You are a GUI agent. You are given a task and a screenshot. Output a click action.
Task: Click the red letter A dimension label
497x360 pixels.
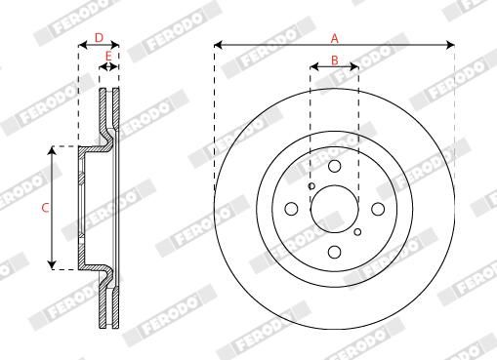(x=334, y=38)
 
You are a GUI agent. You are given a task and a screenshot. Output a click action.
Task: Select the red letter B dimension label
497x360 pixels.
(x=334, y=60)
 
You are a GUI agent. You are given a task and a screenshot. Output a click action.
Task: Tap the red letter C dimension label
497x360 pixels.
(x=44, y=208)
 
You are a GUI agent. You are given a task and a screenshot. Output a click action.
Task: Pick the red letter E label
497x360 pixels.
(x=108, y=56)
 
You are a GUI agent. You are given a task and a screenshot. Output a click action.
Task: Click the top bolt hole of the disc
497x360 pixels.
(x=334, y=166)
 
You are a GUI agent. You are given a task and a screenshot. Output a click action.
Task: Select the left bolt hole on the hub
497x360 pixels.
(x=290, y=209)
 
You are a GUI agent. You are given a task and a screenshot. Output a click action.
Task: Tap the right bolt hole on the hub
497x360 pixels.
(x=378, y=208)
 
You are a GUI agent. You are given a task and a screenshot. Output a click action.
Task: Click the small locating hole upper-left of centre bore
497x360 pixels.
(x=311, y=185)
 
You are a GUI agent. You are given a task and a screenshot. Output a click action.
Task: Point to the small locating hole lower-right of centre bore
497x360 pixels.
(x=357, y=231)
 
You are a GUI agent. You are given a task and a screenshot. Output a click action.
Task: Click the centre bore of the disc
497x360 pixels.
(x=334, y=209)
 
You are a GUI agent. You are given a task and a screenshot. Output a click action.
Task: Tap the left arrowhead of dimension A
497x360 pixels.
(x=217, y=45)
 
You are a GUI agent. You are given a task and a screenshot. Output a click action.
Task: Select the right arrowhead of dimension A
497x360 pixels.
(x=451, y=45)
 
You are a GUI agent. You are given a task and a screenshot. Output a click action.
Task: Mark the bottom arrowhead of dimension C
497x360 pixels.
(x=54, y=265)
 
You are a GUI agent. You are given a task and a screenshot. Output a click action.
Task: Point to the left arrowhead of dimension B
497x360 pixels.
(x=313, y=67)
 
